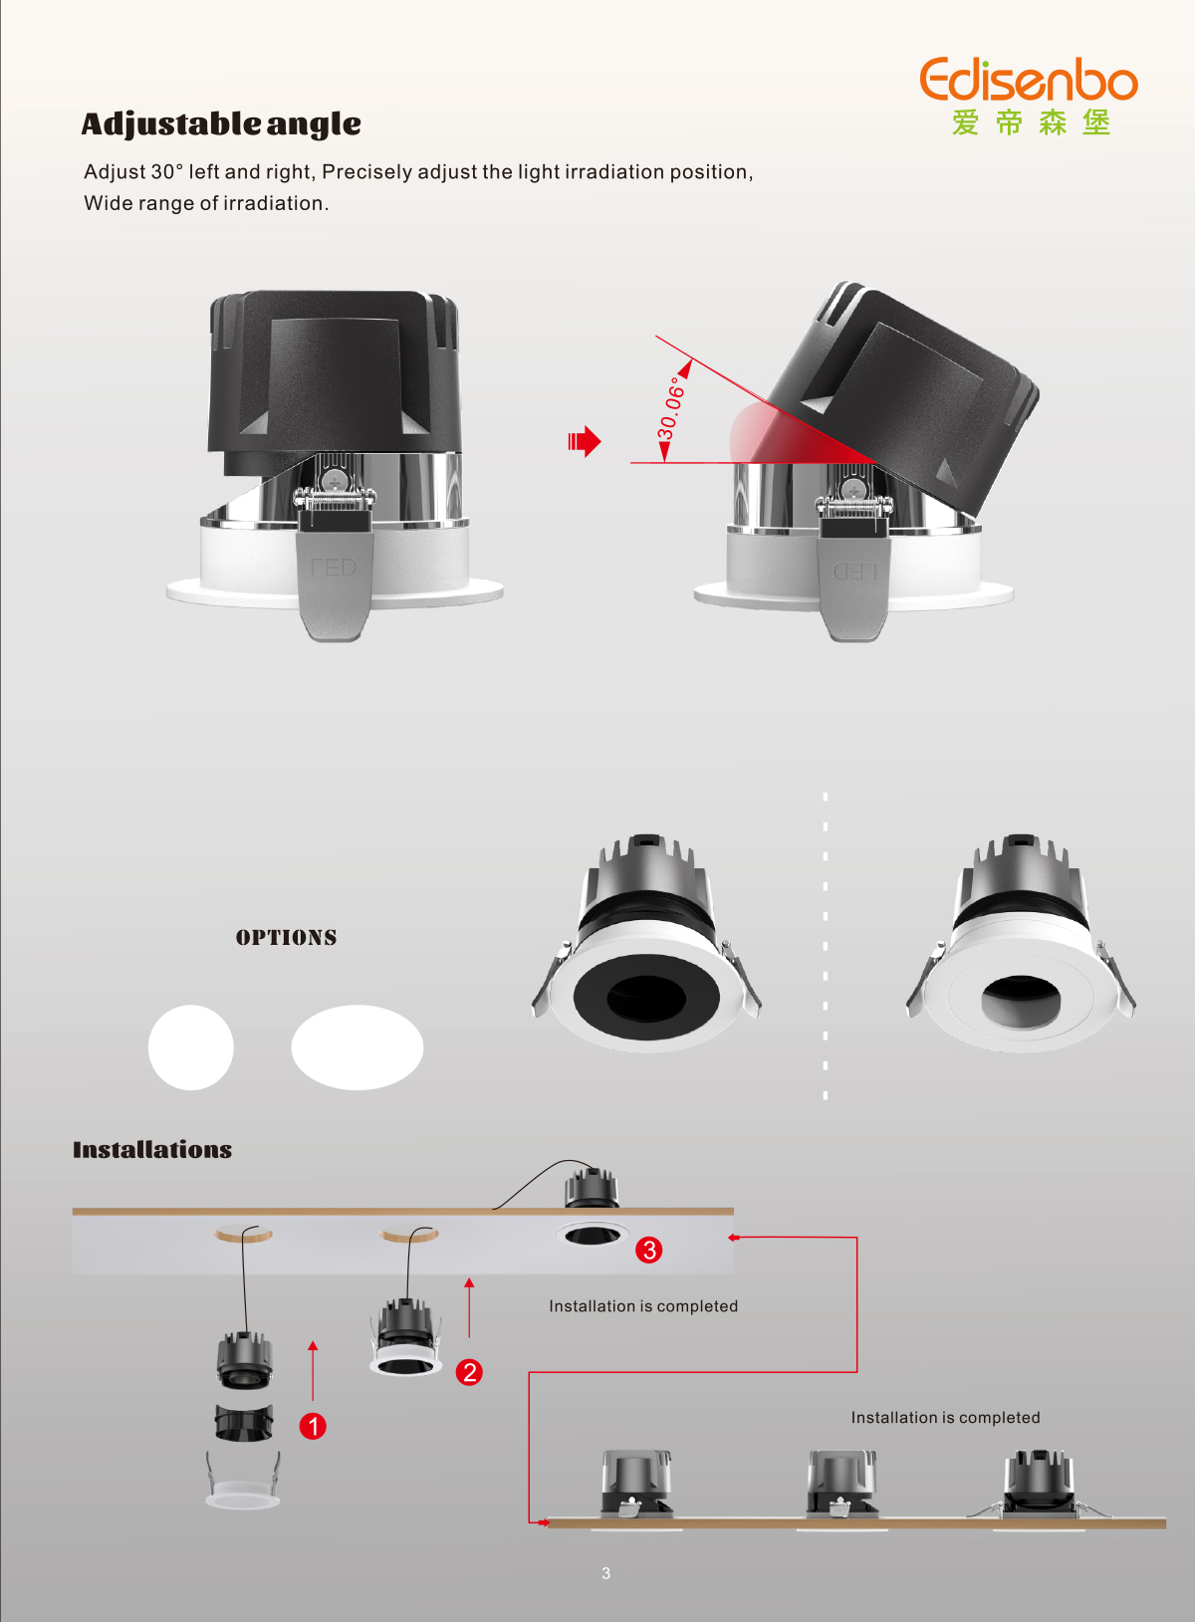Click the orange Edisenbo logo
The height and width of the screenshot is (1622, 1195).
coord(1029,79)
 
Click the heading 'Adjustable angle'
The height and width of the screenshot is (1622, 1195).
coord(221,123)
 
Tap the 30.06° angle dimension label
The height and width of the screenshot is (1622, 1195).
coord(671,407)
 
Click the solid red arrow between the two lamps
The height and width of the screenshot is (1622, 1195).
coord(585,441)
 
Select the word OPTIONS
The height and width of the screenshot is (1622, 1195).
coord(286,938)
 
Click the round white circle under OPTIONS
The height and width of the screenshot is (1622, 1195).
coord(190,1047)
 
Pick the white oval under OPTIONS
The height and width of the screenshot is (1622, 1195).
coord(358,1047)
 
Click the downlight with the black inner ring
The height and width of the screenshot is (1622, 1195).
coord(646,944)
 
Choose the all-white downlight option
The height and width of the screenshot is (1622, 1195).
coord(1021,944)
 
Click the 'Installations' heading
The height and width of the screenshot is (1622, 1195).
coord(152,1150)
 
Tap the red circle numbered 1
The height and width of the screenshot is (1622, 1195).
coord(313,1426)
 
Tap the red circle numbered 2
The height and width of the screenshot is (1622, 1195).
coord(469,1371)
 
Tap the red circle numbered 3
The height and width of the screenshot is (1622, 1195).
coord(649,1250)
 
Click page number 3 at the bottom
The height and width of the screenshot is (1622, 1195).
coord(606,1573)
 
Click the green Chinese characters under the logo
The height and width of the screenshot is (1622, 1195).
coord(1031,122)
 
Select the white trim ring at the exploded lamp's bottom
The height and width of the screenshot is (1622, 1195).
coord(243,1483)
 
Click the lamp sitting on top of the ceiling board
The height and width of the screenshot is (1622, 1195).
coord(592,1188)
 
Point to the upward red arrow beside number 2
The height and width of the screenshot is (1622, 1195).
coord(469,1307)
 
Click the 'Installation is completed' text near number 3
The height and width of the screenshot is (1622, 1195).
coord(643,1306)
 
